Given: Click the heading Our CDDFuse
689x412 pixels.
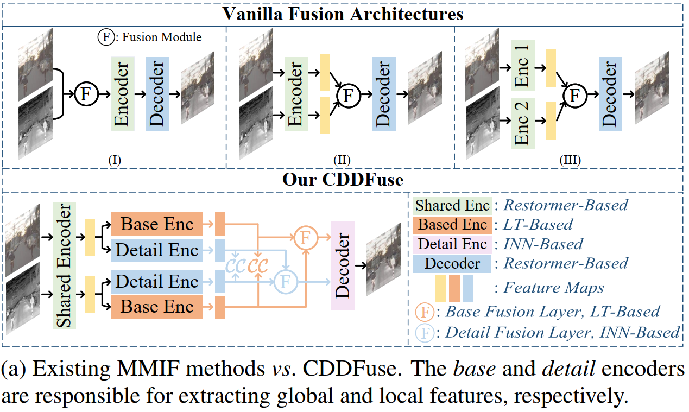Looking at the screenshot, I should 343,180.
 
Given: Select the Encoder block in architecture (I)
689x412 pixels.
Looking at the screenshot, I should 122,94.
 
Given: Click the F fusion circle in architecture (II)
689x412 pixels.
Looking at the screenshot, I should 348,96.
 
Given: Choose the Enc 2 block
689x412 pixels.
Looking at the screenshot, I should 523,123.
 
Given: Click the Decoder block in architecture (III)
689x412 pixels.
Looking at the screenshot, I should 610,94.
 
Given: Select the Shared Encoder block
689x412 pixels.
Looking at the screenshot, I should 64,266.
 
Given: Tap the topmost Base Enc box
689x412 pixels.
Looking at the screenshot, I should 156,224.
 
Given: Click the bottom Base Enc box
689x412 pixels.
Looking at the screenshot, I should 156,307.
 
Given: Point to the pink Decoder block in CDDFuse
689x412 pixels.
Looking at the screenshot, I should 342,266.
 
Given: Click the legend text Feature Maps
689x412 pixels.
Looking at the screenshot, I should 553,287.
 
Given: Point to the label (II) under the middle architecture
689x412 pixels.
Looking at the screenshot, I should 342,160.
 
